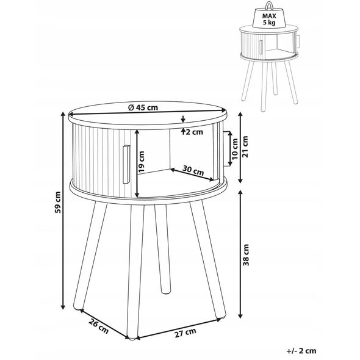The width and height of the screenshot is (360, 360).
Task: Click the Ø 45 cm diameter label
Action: click(x=143, y=107)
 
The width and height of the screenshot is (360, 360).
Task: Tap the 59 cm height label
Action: click(x=58, y=202)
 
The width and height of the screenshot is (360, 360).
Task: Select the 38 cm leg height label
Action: click(x=246, y=255)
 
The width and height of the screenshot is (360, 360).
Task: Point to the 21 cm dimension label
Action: click(x=245, y=146)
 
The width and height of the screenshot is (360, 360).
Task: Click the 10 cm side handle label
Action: click(x=235, y=149)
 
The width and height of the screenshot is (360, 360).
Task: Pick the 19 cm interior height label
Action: click(x=142, y=162)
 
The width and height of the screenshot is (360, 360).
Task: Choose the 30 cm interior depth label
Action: click(x=193, y=170)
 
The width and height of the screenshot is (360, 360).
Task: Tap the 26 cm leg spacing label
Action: click(x=98, y=326)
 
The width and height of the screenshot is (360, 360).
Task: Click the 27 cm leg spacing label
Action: click(x=185, y=333)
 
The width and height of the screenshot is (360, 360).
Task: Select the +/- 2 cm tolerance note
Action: click(x=301, y=351)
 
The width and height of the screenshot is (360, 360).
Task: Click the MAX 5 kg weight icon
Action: click(x=269, y=16)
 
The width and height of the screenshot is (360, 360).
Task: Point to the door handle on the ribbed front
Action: click(x=126, y=164)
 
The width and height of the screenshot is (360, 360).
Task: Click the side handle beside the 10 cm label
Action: click(x=227, y=149)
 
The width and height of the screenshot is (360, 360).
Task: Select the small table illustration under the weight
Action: click(x=269, y=68)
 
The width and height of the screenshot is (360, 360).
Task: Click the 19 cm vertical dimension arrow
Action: click(x=137, y=164)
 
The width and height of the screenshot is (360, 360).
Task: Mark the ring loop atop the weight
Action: click(x=269, y=5)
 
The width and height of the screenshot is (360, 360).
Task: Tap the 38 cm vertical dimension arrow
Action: click(x=240, y=254)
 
